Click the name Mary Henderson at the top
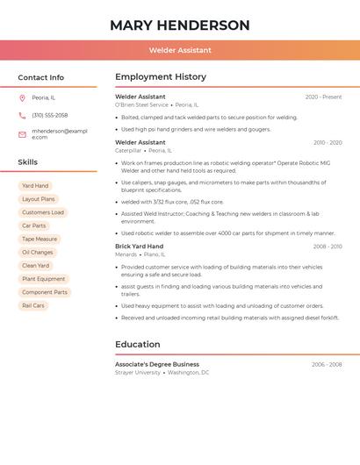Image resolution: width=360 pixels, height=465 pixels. coord(180,25)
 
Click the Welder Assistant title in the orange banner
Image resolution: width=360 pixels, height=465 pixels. coord(180,50)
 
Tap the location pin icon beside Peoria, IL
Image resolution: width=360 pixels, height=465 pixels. coord(22,97)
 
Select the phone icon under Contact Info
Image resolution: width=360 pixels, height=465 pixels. coord(22,115)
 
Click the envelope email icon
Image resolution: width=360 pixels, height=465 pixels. coord(22,134)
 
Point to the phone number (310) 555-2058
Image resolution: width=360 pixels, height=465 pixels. coord(50,115)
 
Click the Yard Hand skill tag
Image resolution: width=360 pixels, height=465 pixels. coord(35,186)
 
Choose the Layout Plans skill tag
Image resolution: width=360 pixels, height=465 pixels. coord(38,199)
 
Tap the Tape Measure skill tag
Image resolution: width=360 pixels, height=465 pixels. coord(40,239)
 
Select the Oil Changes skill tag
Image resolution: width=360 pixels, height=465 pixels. coord(38,252)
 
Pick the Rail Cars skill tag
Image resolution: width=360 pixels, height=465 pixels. coord(33,305)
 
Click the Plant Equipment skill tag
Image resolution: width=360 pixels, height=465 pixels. coord(44,279)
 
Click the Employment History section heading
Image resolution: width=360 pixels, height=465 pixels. coord(161,77)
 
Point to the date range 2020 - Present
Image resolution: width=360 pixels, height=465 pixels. coord(323,97)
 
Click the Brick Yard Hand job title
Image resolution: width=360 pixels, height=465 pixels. coord(139,247)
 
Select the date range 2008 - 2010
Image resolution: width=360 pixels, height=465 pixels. coord(327,247)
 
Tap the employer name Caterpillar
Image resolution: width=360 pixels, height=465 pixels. coord(128,150)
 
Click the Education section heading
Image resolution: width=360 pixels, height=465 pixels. coord(138,344)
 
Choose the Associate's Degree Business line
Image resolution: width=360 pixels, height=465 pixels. coord(157,364)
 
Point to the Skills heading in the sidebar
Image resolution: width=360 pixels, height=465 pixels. coord(28,162)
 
